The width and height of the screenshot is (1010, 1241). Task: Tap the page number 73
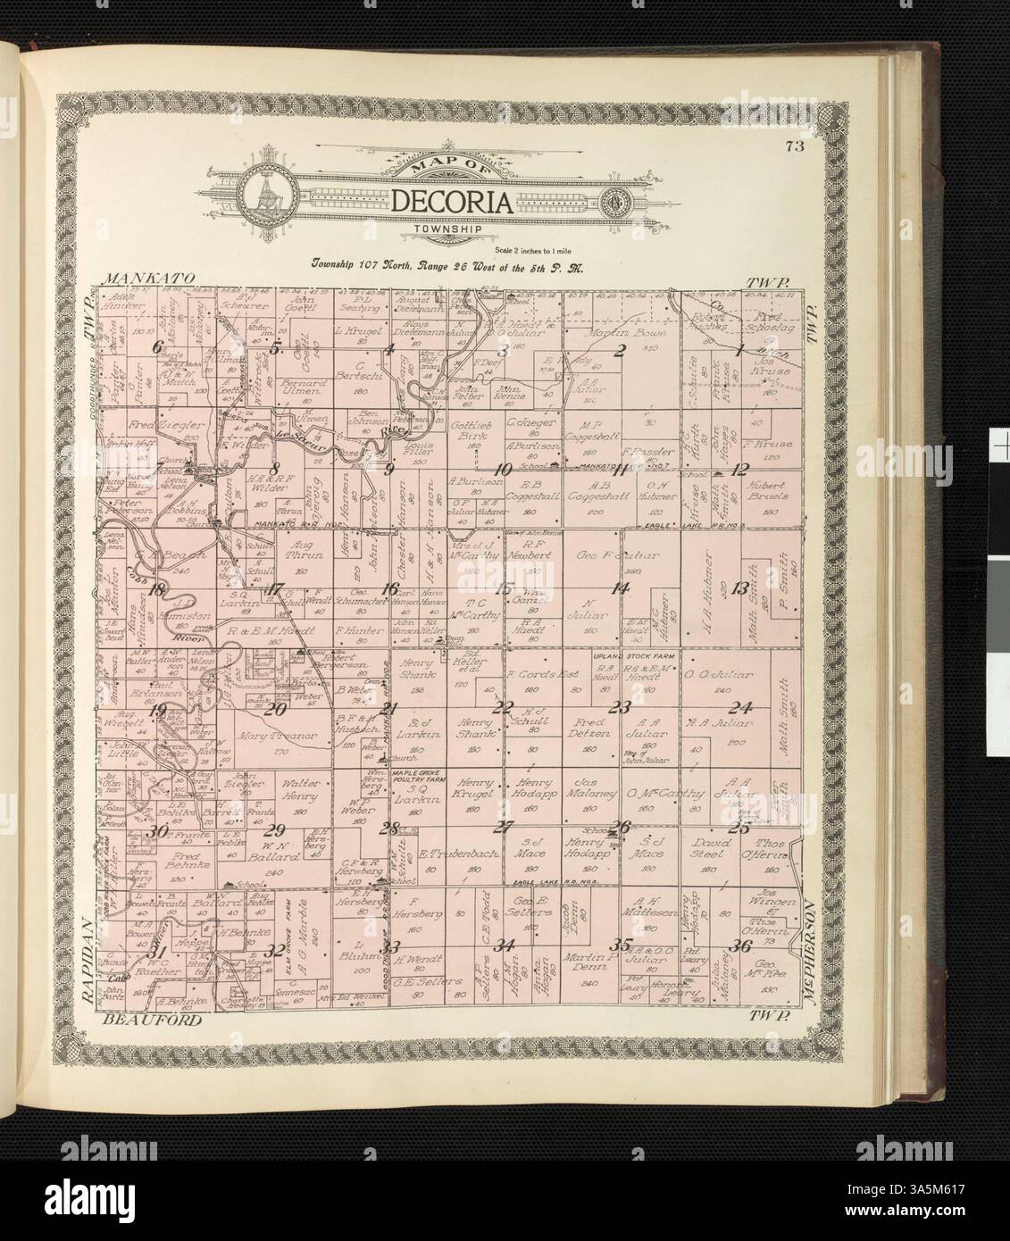click(789, 148)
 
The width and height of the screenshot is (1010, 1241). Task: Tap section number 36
click(739, 946)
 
